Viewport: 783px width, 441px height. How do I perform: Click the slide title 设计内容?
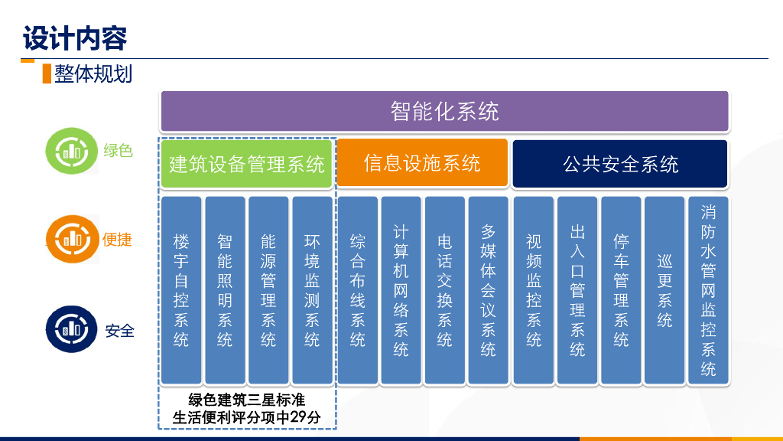click(74, 38)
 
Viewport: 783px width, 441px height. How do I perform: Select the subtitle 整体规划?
click(93, 73)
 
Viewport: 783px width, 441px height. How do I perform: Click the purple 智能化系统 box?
click(444, 111)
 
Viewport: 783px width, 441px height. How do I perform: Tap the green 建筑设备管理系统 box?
click(246, 164)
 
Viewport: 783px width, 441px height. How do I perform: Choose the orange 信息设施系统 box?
click(422, 163)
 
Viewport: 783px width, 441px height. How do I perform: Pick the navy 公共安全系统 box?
click(620, 164)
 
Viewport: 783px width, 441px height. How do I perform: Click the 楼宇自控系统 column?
click(181, 290)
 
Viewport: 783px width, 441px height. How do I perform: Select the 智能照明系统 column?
click(225, 290)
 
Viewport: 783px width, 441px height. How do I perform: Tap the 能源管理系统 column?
click(268, 290)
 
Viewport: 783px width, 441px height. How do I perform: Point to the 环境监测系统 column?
click(312, 290)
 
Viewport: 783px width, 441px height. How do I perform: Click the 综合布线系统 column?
click(358, 290)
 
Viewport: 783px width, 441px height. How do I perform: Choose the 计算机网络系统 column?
click(401, 290)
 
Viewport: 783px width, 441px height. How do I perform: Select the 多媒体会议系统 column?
click(489, 290)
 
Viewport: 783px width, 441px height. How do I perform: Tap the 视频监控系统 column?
click(534, 290)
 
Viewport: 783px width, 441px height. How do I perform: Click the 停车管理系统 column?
click(622, 290)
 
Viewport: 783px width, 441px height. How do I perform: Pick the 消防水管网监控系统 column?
click(709, 290)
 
